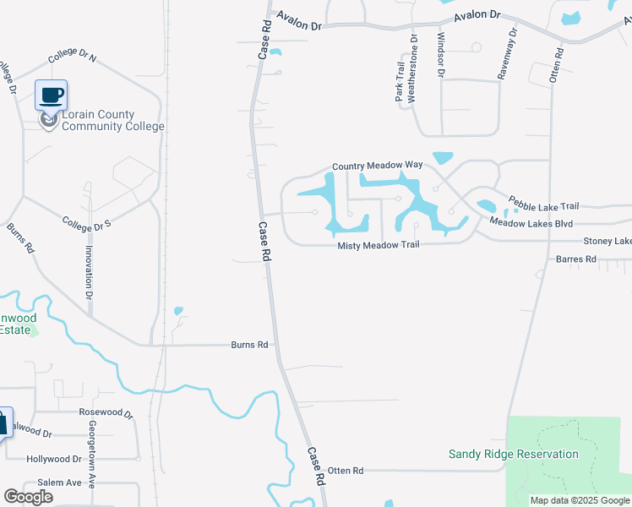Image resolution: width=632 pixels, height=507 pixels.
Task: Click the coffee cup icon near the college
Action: [51, 95]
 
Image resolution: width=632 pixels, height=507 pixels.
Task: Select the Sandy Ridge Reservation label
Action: [513, 455]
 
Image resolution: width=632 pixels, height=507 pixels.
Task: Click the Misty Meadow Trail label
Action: [378, 246]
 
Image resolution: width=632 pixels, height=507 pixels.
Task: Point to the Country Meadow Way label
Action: [377, 166]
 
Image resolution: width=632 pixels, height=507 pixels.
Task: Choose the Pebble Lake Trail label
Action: [542, 204]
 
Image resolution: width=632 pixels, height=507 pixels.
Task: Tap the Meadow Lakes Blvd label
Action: [531, 223]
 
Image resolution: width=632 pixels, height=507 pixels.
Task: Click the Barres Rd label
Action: [575, 259]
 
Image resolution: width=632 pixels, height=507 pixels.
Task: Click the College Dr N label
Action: [73, 57]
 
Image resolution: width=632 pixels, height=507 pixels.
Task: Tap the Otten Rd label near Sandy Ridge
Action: [345, 470]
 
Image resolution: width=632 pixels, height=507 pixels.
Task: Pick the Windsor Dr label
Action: [440, 56]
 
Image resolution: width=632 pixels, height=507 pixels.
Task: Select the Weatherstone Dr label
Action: [413, 68]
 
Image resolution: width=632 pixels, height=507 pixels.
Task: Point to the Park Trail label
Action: [400, 82]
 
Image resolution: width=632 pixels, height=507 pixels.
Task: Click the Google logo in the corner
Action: [28, 496]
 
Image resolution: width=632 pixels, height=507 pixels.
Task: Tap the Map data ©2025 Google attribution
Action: [580, 500]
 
